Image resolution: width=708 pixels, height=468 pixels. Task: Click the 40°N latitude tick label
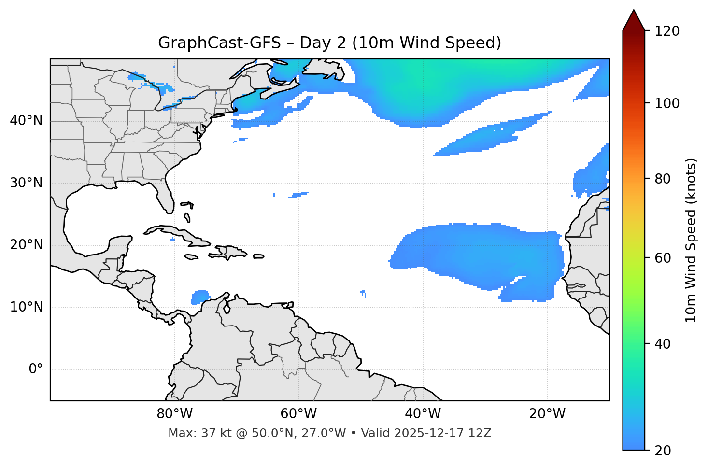pyautogui.click(x=26, y=121)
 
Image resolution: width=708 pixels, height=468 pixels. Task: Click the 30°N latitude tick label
pyautogui.click(x=26, y=183)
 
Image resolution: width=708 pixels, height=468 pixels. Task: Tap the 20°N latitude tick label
pyautogui.click(x=26, y=245)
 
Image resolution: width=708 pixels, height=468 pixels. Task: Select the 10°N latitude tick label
pyautogui.click(x=26, y=307)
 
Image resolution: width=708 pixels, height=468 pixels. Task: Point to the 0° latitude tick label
pyautogui.click(x=36, y=369)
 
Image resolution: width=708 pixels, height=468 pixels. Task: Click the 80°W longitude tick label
pyautogui.click(x=174, y=414)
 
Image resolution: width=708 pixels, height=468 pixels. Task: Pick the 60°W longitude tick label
pyautogui.click(x=298, y=414)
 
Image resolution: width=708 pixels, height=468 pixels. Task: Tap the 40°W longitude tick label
pyautogui.click(x=423, y=414)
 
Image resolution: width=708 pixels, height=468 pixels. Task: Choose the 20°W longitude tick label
pyautogui.click(x=547, y=414)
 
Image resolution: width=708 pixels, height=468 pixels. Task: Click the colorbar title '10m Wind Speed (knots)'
pyautogui.click(x=691, y=241)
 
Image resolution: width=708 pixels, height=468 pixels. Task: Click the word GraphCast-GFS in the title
pyautogui.click(x=219, y=43)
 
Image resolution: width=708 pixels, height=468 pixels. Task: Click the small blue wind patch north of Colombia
pyautogui.click(x=199, y=296)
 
